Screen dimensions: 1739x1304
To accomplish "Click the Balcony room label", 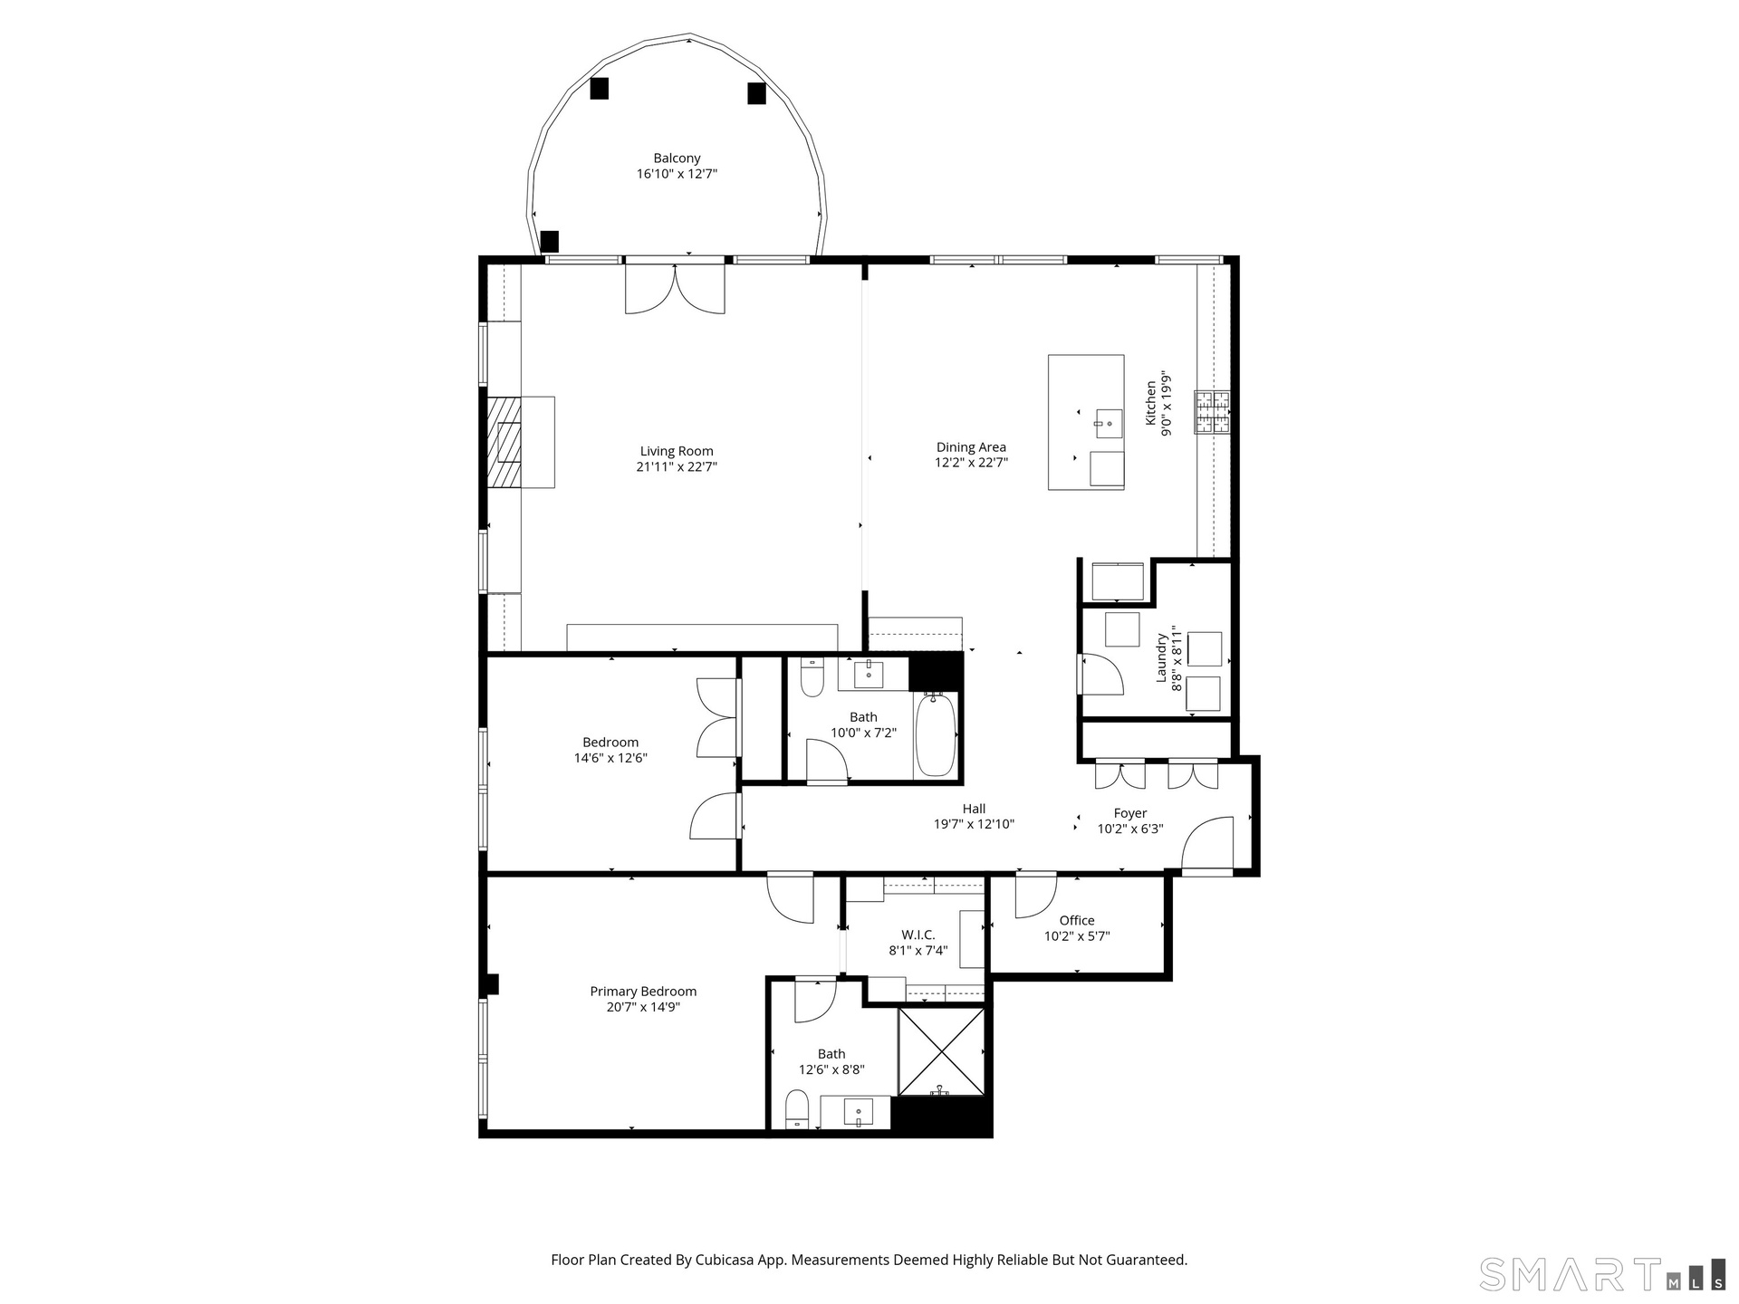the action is pos(677,158).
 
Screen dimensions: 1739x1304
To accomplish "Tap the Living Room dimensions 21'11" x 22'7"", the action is pos(677,467).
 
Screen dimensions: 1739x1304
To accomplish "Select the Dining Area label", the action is pos(971,447).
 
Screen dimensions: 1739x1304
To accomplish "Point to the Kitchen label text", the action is pos(1151,403).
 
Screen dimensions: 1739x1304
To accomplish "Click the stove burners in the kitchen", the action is pos(1212,412).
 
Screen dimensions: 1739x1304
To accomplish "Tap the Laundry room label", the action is pos(1161,657).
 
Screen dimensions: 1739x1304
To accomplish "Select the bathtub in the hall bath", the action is pos(936,734).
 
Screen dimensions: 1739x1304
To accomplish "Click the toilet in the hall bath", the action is pos(812,676).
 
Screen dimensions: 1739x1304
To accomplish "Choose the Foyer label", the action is pos(1130,813).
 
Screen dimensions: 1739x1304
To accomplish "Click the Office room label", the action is pos(1077,921).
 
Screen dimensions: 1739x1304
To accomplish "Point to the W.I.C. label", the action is pos(918,935).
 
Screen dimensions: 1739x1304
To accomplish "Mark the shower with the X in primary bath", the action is pos(941,1051).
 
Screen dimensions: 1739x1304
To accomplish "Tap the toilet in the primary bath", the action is pos(797,1110).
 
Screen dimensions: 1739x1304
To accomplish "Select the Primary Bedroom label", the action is pos(643,992).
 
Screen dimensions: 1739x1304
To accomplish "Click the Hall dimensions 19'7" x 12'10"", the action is pos(975,825).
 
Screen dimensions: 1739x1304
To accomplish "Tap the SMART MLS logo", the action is pos(1601,1273).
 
